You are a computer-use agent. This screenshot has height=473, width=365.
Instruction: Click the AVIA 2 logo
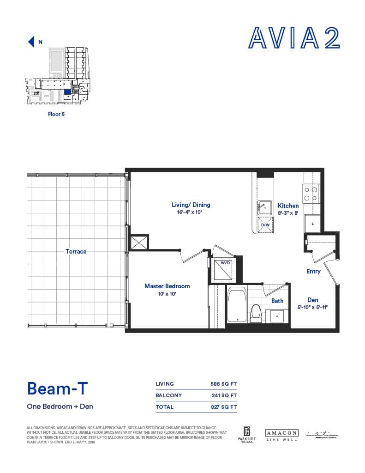294,37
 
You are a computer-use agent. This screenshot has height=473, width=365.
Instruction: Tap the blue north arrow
32,42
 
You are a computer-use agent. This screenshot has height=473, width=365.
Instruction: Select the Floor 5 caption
56,114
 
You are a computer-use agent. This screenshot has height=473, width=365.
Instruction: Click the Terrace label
76,251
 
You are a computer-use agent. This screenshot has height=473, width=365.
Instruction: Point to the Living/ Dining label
191,205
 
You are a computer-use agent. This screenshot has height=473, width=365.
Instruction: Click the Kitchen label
288,206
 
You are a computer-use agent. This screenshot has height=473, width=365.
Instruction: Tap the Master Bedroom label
167,286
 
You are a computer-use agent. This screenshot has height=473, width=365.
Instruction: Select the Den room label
312,300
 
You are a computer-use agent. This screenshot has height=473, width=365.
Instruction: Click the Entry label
313,271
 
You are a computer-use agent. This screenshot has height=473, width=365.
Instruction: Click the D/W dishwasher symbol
265,225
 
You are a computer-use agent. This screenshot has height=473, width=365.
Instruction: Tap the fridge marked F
312,224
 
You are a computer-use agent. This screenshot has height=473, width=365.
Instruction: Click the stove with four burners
312,194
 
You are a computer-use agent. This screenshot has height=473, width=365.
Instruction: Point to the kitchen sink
265,206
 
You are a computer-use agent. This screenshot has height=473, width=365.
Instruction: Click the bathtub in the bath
237,304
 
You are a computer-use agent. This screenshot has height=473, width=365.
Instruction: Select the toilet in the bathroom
255,314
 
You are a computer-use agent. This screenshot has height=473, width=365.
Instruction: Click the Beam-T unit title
57,388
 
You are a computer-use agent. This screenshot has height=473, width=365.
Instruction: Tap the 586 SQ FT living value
223,384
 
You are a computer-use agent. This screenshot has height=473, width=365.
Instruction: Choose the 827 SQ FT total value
223,407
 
